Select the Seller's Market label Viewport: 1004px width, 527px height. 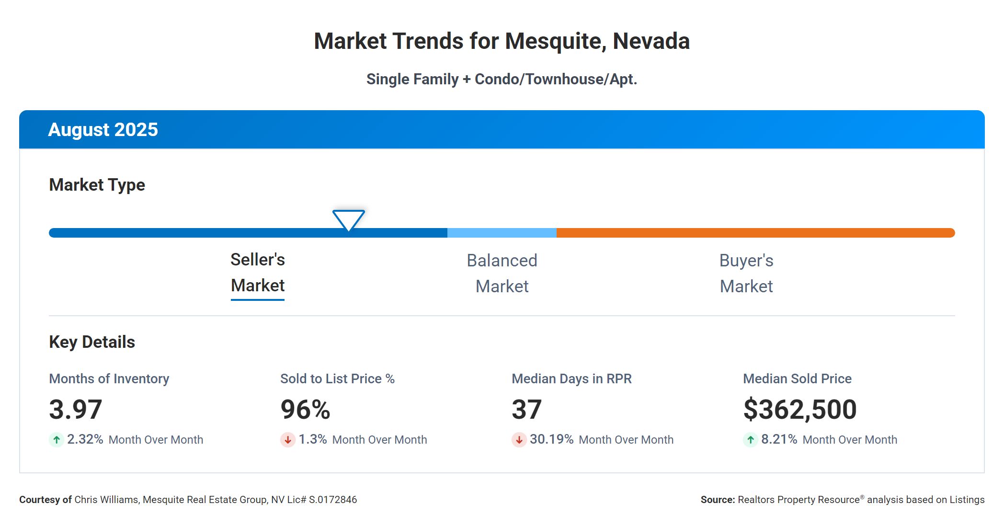258,273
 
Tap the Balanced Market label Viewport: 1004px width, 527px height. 502,274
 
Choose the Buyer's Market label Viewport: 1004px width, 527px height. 746,274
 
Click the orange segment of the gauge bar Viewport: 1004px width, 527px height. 755,233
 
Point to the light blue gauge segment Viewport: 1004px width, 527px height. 502,233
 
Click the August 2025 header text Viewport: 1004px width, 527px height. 103,130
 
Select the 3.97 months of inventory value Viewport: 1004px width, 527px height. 76,410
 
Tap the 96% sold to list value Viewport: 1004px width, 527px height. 305,410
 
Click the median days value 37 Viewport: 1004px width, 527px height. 526,410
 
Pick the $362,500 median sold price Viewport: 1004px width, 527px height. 799,410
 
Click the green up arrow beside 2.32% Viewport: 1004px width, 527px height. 57,440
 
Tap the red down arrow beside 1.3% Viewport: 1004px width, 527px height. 288,440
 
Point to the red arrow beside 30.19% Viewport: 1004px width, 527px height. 519,440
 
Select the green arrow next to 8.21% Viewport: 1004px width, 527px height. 751,440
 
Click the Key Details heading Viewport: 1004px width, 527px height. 92,342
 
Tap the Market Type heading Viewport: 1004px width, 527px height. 97,185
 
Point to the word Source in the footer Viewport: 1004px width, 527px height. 717,500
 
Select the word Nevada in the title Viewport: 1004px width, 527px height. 651,41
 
